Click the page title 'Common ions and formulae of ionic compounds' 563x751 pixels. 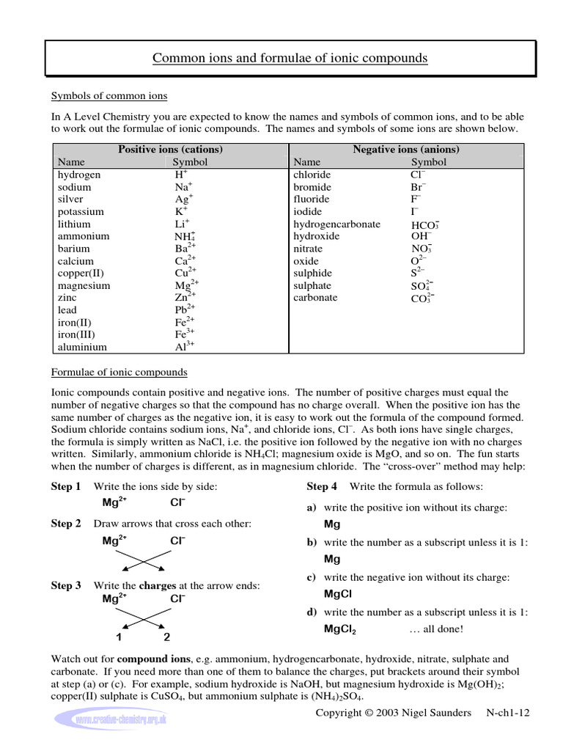pos(290,58)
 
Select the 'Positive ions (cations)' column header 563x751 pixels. pos(170,149)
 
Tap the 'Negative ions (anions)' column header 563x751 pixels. pos(406,149)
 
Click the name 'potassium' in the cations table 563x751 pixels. pos(81,211)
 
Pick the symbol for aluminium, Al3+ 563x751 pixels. pos(184,346)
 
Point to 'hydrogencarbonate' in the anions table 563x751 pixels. pos(336,224)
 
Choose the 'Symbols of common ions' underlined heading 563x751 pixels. pos(108,96)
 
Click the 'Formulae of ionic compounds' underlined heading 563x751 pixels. pos(119,372)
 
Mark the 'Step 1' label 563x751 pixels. pos(66,486)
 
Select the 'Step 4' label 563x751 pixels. pos(322,486)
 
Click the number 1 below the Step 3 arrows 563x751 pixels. pos(119,637)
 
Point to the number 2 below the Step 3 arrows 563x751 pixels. pos(166,637)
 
